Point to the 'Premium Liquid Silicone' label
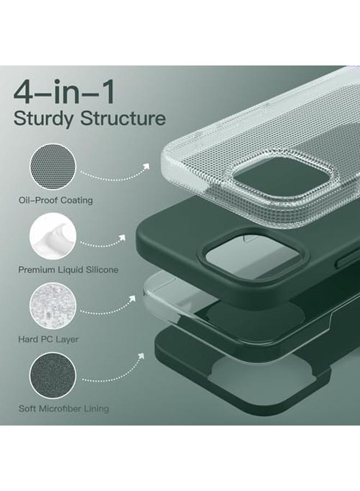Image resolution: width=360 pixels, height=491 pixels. (68, 270)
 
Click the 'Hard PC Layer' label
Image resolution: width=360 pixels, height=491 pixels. (49, 339)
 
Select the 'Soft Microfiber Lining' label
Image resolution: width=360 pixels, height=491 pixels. (64, 409)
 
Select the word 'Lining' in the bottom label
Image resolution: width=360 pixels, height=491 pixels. (96, 409)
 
